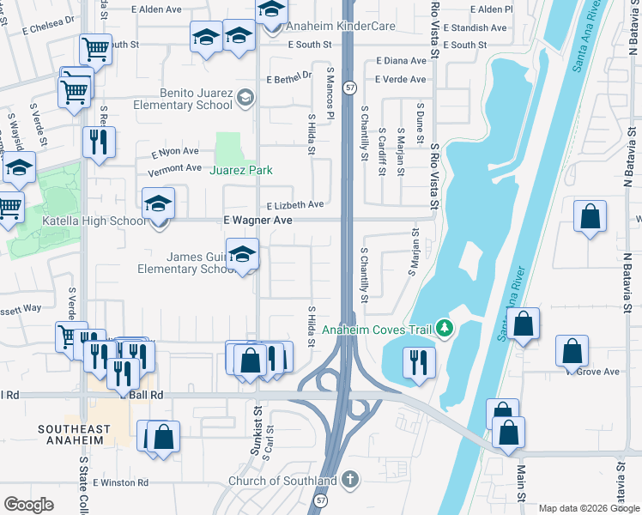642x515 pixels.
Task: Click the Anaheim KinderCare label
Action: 341,27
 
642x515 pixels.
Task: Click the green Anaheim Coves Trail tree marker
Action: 443,329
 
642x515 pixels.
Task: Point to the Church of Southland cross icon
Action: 349,481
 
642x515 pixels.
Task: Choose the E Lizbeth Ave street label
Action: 294,205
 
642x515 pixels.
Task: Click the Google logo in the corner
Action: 28,504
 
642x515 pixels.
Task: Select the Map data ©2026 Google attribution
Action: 588,508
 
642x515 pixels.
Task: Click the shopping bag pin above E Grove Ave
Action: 572,350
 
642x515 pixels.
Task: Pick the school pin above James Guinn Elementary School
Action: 243,255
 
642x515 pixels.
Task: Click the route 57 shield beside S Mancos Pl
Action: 349,88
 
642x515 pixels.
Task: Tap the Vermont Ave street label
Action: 174,169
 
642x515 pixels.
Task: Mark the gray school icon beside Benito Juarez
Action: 246,96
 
